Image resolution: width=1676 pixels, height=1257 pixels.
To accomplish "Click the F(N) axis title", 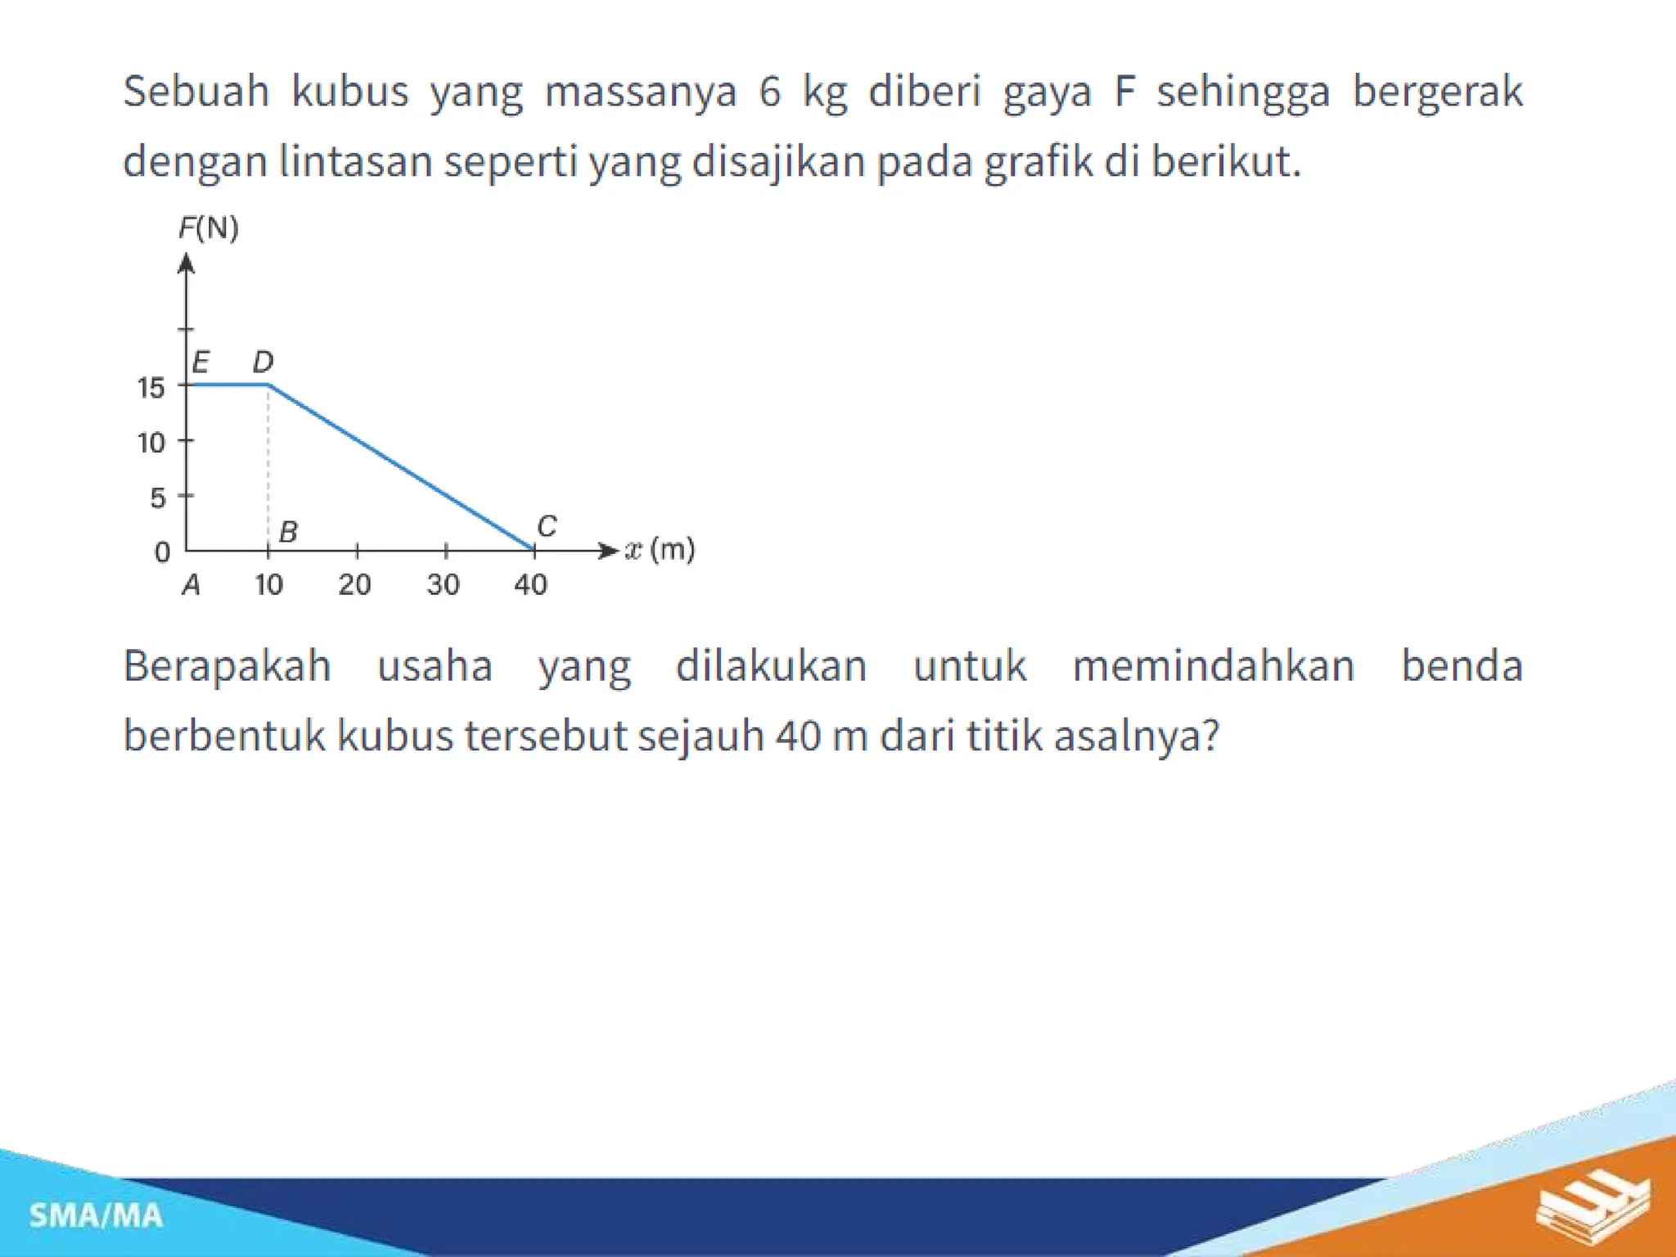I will point(209,228).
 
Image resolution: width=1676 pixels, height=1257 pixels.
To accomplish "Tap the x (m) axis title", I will point(660,549).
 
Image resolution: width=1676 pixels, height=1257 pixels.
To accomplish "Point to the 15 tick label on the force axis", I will point(151,387).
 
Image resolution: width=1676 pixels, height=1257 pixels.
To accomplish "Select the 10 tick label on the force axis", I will point(151,443).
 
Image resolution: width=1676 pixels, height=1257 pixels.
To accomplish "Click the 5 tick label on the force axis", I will point(158,498).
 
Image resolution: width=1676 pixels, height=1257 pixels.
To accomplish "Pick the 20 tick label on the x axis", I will point(354,584).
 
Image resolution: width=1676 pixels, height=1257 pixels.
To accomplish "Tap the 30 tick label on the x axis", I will point(443,584).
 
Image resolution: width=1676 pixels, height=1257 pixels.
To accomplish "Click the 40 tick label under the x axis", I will point(530,584).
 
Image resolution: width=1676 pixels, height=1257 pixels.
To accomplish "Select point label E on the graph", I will point(200,362).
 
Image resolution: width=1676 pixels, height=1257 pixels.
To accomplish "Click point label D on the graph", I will point(263,362).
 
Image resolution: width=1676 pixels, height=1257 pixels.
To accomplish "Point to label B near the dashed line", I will point(288,532).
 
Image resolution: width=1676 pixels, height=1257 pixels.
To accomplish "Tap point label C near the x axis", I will point(547,525).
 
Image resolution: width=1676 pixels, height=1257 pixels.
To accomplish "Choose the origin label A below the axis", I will point(191,585).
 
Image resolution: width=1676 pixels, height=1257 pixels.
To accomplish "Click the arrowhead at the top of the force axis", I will point(187,264).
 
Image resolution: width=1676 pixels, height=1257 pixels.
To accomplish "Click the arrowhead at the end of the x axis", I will point(607,551).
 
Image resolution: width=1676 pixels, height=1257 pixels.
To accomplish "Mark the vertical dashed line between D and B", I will point(268,466).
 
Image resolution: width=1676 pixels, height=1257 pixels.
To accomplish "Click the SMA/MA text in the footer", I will point(96,1216).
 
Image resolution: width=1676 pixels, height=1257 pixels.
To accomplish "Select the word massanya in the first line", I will point(641,91).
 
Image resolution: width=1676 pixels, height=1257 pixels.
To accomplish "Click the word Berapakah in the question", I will point(227,665).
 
